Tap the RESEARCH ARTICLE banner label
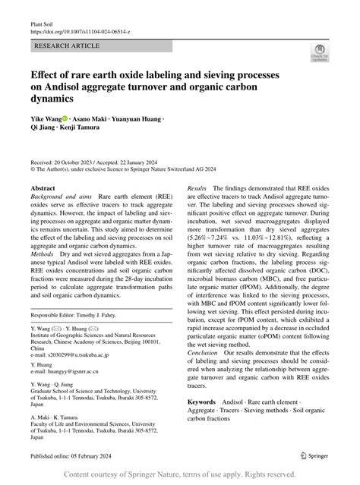(66, 47)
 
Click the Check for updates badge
(318, 53)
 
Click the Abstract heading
(43, 187)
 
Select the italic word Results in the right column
(197, 186)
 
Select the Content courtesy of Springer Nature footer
(179, 474)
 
